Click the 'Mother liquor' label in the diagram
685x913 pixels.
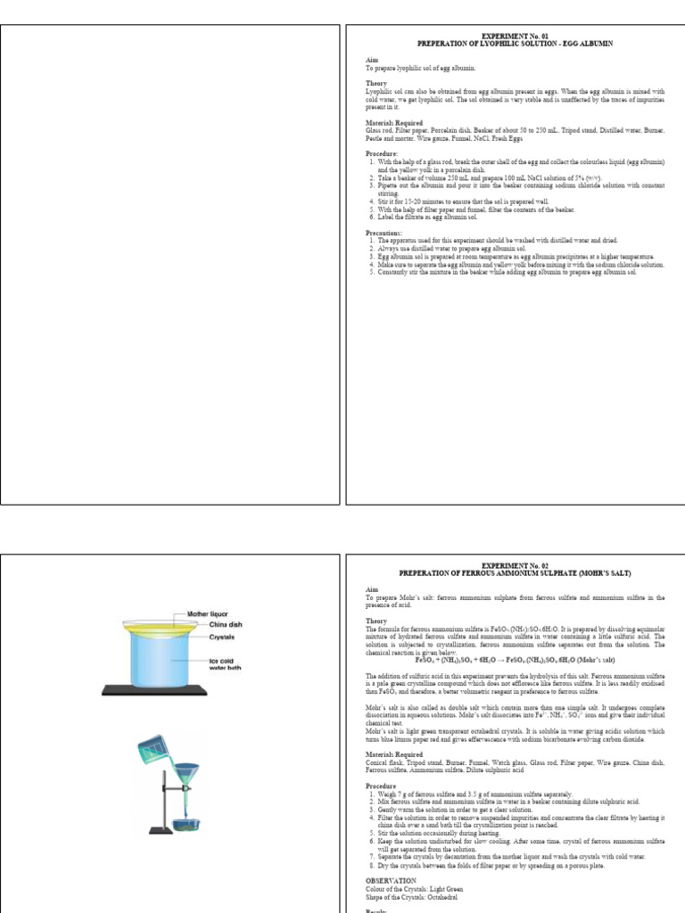tap(208, 614)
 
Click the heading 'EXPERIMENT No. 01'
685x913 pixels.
tap(516, 37)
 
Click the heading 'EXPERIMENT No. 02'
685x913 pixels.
tap(516, 565)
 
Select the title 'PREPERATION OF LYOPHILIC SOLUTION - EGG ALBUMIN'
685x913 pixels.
tap(516, 44)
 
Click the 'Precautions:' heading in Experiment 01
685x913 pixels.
tap(385, 234)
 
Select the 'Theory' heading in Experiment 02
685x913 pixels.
tap(376, 621)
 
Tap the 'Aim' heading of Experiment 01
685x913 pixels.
tap(371, 60)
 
